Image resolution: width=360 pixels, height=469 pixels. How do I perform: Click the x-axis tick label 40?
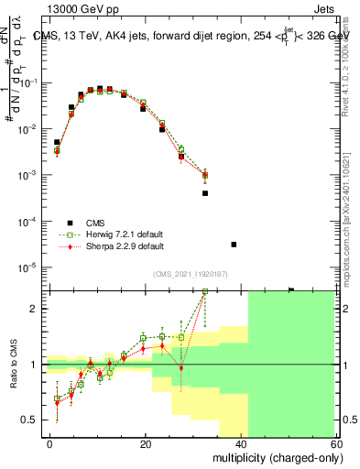tap(243, 442)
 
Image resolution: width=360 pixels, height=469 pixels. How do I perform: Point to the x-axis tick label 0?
tap(50, 442)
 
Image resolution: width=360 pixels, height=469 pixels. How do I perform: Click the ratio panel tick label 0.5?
tap(33, 420)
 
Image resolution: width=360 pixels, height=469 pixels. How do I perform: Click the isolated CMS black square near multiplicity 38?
tap(234, 245)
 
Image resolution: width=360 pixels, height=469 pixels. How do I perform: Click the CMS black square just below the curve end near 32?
tap(205, 193)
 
